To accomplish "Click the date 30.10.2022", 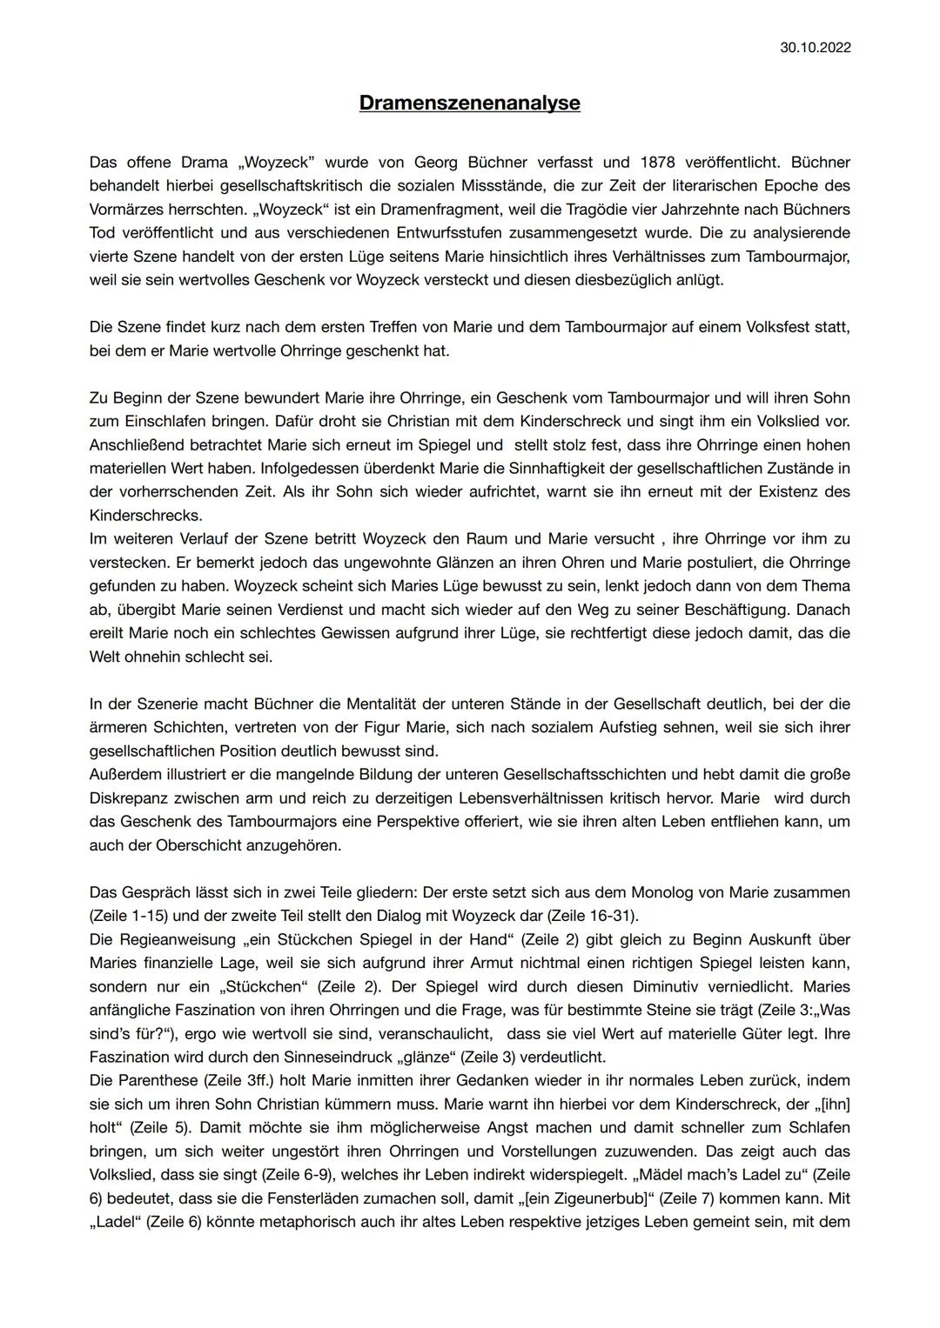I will pyautogui.click(x=815, y=47).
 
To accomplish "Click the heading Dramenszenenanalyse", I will pyautogui.click(x=469, y=103).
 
